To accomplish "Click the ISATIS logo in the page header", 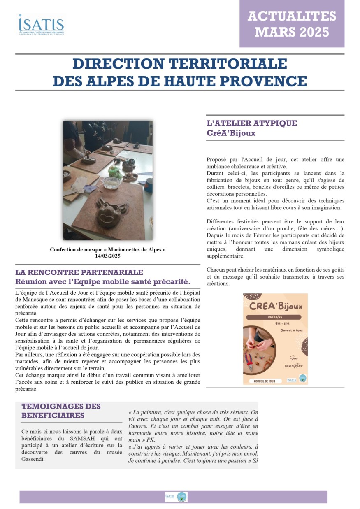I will [41, 24].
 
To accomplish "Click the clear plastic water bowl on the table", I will [112, 182].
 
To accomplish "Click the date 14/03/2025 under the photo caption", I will [108, 256].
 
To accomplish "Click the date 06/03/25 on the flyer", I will [275, 317].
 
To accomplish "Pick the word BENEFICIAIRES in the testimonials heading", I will [53, 415].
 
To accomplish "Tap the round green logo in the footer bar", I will [182, 497].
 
